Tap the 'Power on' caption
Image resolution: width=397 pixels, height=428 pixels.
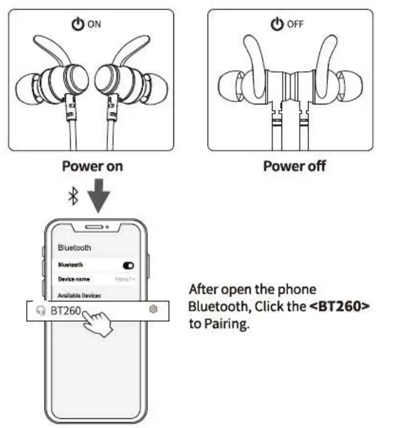93,166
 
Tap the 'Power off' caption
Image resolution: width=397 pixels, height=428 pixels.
294,166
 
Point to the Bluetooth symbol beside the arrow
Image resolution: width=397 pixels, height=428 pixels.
73,196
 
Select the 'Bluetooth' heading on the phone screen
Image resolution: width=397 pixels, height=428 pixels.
74,248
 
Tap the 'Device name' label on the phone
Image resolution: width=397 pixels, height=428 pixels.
74,278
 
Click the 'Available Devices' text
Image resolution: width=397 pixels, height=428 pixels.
79,296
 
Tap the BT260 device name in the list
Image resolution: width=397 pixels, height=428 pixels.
65,310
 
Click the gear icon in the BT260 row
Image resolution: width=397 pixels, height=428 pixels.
154,310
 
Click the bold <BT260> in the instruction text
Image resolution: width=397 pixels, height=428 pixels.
340,306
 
